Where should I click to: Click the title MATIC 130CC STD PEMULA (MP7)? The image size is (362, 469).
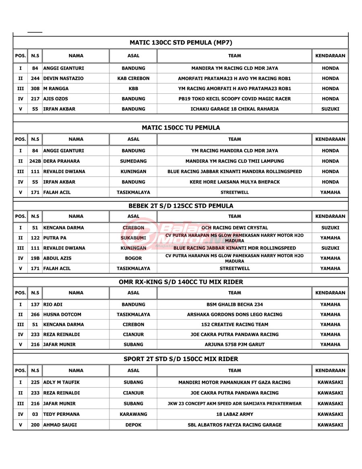click(x=181, y=42)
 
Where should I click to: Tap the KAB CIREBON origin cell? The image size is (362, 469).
click(x=133, y=79)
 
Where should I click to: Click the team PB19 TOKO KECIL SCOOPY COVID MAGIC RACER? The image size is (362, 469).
click(x=234, y=99)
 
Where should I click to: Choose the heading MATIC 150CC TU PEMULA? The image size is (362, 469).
click(x=181, y=128)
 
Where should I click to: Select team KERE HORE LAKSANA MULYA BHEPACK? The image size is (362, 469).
click(x=234, y=182)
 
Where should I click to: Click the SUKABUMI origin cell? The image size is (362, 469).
click(x=133, y=238)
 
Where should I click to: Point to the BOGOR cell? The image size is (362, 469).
click(x=133, y=258)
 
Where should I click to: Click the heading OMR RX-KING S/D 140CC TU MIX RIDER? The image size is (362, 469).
click(x=181, y=282)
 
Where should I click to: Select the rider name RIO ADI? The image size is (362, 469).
click(x=53, y=304)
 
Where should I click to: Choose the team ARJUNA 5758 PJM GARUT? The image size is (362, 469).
click(x=234, y=345)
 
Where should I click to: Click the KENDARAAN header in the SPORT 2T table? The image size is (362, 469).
click(x=330, y=370)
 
